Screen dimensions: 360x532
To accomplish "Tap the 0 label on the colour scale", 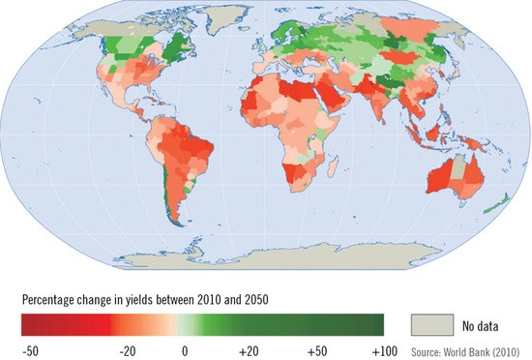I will pyautogui.click(x=185, y=347).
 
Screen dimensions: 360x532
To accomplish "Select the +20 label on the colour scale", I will pyautogui.click(x=251, y=347).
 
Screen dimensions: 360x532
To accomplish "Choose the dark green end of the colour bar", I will pyautogui.click(x=378, y=322).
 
